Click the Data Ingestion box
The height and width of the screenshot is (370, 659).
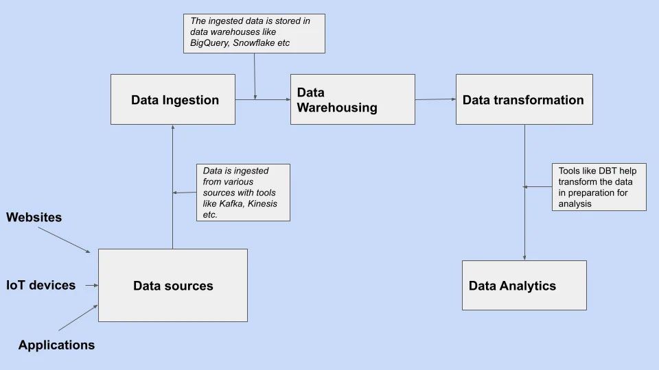point(173,99)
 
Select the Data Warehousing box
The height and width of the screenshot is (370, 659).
point(353,99)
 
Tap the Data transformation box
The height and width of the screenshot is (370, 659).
point(524,99)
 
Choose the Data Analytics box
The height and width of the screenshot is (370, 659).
point(524,285)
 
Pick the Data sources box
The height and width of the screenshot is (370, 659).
point(173,285)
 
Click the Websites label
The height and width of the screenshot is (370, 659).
point(34,217)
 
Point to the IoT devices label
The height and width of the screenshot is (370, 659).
point(41,285)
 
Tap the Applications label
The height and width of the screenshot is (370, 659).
point(56,345)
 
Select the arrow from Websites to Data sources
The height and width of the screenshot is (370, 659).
point(65,240)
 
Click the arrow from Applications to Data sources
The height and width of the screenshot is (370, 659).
point(78,317)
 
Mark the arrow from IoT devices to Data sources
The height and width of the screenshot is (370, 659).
point(91,285)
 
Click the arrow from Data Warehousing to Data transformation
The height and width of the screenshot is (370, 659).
point(435,99)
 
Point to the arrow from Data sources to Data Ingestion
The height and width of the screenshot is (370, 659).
point(173,186)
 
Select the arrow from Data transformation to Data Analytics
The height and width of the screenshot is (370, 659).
point(524,193)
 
